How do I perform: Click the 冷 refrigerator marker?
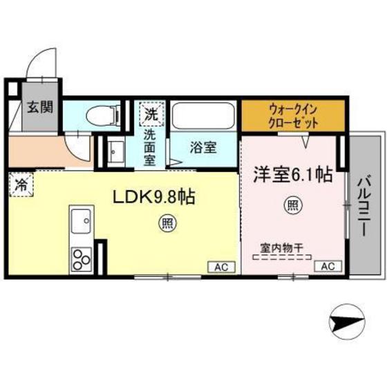tap(20, 185)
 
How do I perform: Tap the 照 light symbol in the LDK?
tap(166, 223)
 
